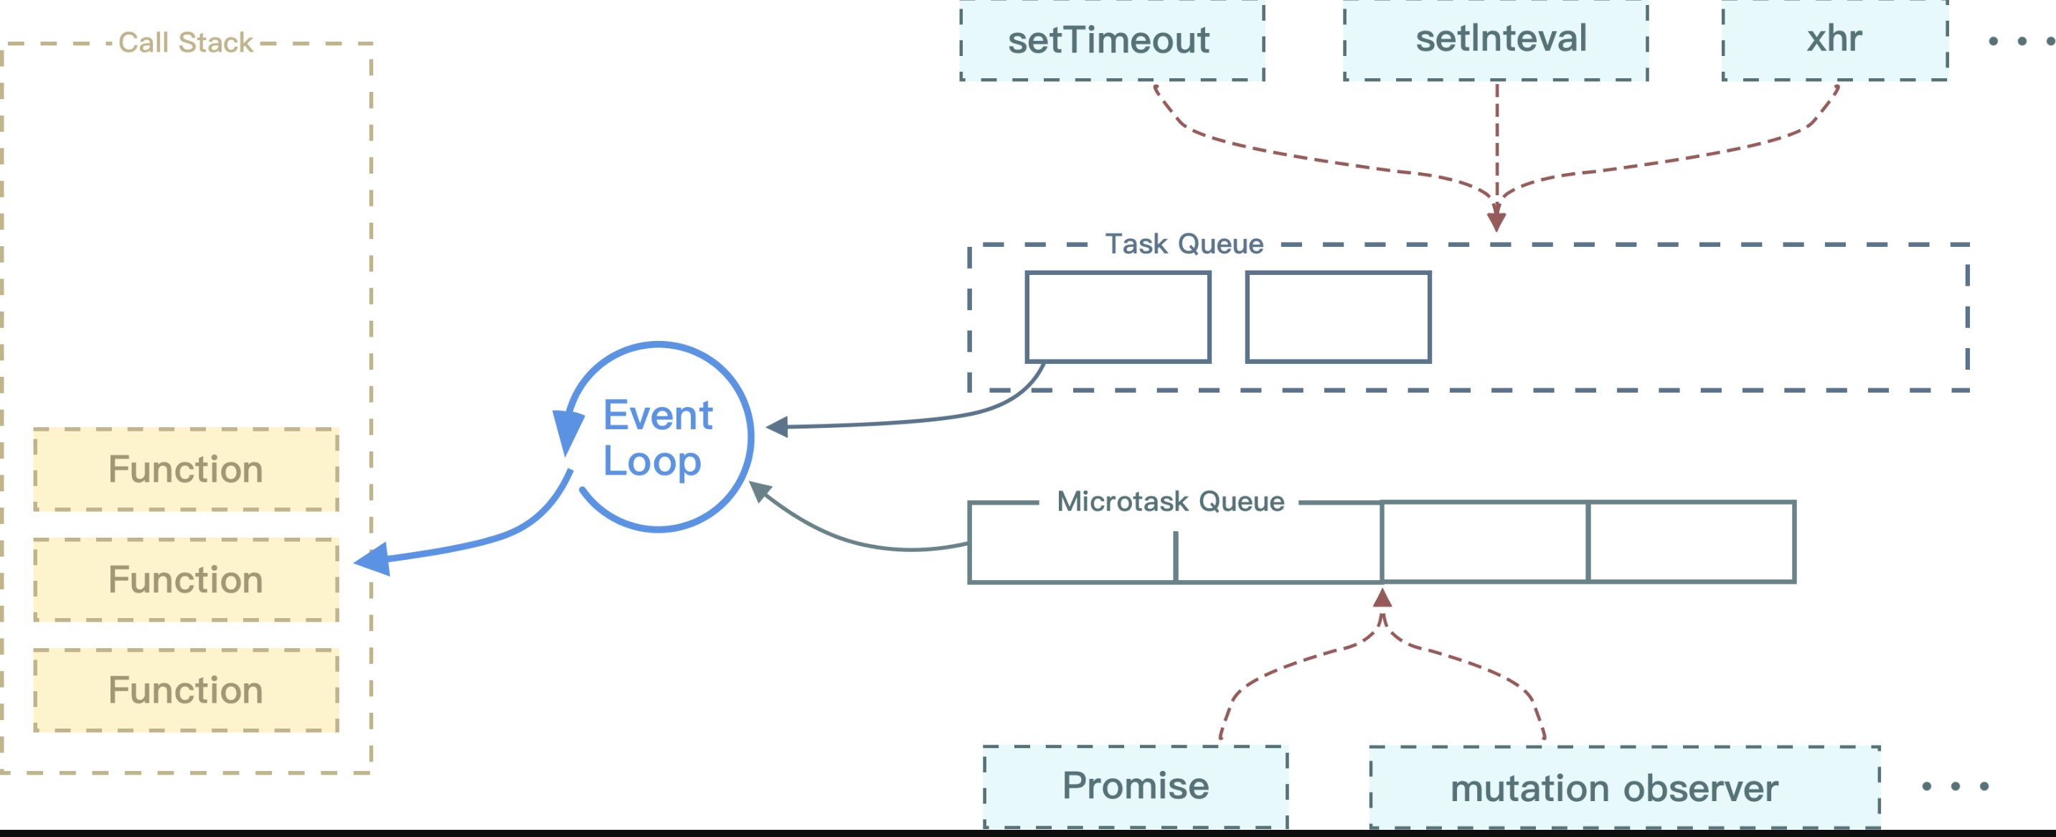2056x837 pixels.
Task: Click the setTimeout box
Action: pyautogui.click(x=1111, y=40)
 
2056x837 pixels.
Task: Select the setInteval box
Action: pyautogui.click(x=1496, y=40)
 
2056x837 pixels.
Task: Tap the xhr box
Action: pyautogui.click(x=1834, y=40)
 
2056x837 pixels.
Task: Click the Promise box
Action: pyautogui.click(x=1135, y=786)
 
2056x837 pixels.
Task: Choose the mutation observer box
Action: pyautogui.click(x=1624, y=787)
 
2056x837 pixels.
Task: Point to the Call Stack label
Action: pyautogui.click(x=185, y=42)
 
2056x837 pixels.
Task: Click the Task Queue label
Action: pyautogui.click(x=1184, y=243)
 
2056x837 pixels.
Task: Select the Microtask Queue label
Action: pyautogui.click(x=1170, y=502)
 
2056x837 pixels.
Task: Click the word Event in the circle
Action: pyautogui.click(x=658, y=416)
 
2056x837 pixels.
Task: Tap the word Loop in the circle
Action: pyautogui.click(x=651, y=462)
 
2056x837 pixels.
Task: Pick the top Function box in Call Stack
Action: pyautogui.click(x=186, y=469)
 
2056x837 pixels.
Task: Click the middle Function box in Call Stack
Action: pyautogui.click(x=186, y=580)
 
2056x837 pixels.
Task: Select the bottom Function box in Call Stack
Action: pyautogui.click(x=186, y=690)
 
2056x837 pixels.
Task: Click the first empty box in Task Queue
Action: pyautogui.click(x=1118, y=317)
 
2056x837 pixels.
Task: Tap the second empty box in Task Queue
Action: pyautogui.click(x=1338, y=317)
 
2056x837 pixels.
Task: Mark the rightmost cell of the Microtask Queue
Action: pyautogui.click(x=1692, y=542)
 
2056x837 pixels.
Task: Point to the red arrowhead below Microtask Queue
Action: pyautogui.click(x=1382, y=598)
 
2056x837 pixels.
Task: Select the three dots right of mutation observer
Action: pyautogui.click(x=1955, y=787)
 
